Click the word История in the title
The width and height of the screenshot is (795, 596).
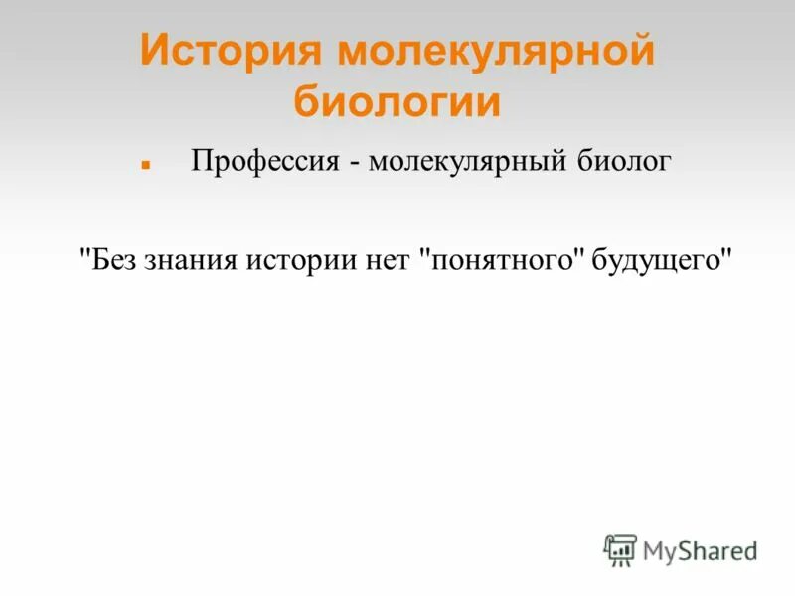pos(231,51)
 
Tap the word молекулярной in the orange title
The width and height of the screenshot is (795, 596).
pos(496,51)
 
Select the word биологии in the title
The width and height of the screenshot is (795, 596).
pos(397,102)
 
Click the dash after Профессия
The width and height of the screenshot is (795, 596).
pos(354,161)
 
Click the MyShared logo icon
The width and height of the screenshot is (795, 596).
pos(620,550)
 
